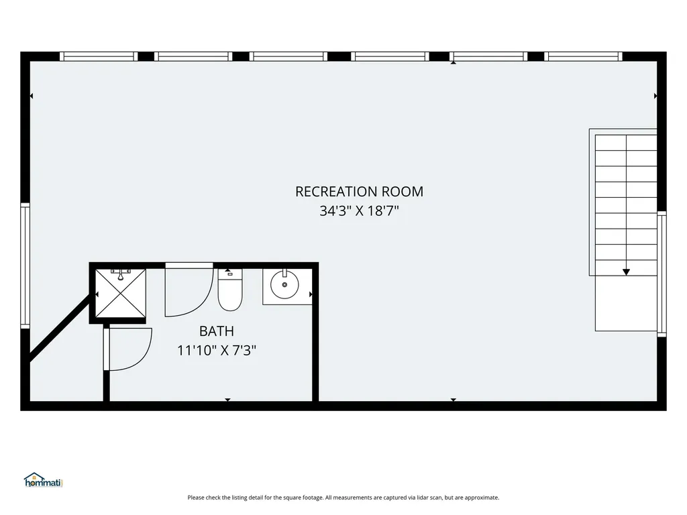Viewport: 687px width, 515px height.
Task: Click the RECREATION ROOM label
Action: [x=360, y=191]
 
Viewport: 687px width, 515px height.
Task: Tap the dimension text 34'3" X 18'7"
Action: [x=360, y=211]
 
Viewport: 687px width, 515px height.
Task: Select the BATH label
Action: [x=217, y=331]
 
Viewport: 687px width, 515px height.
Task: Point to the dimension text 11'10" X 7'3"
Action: [x=217, y=350]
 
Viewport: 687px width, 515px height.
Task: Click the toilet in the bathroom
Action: [x=230, y=290]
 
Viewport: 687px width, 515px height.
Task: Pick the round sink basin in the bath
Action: [x=284, y=284]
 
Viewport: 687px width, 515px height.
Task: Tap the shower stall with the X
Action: [x=121, y=294]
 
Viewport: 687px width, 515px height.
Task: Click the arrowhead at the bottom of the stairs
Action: [x=626, y=272]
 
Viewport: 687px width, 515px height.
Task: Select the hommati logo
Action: [x=44, y=480]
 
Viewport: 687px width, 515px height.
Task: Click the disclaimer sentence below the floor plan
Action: [x=343, y=498]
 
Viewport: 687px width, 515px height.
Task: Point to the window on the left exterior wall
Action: [x=25, y=266]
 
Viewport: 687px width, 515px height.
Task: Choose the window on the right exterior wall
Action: [x=662, y=274]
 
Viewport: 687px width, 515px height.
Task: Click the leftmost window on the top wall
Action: [x=99, y=56]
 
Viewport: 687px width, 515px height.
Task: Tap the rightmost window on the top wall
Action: [x=583, y=56]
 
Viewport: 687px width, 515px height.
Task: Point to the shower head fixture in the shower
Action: [x=121, y=274]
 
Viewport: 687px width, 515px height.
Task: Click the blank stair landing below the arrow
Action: [x=626, y=304]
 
